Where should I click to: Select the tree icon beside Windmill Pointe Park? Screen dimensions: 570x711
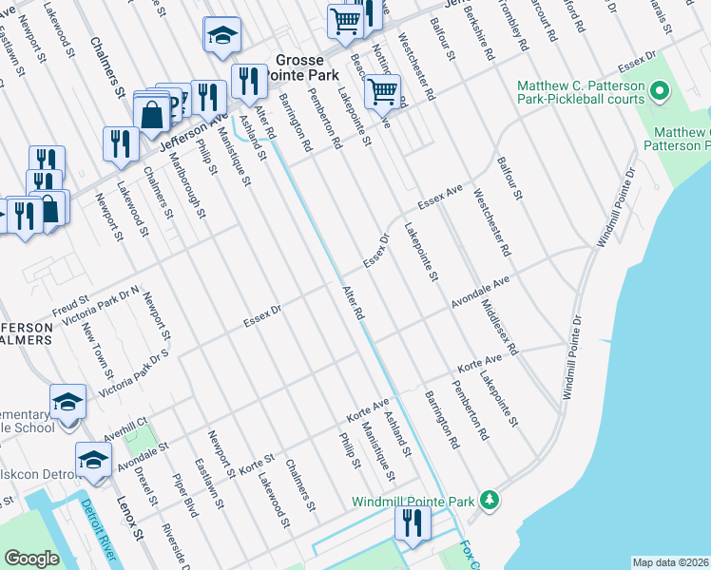(x=489, y=500)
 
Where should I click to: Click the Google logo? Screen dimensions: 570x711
(x=32, y=559)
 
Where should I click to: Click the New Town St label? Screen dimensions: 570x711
(x=98, y=350)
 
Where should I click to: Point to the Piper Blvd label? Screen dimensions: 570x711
(x=183, y=494)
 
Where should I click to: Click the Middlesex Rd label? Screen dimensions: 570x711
(x=499, y=328)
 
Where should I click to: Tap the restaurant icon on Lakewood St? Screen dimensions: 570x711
(x=119, y=143)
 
